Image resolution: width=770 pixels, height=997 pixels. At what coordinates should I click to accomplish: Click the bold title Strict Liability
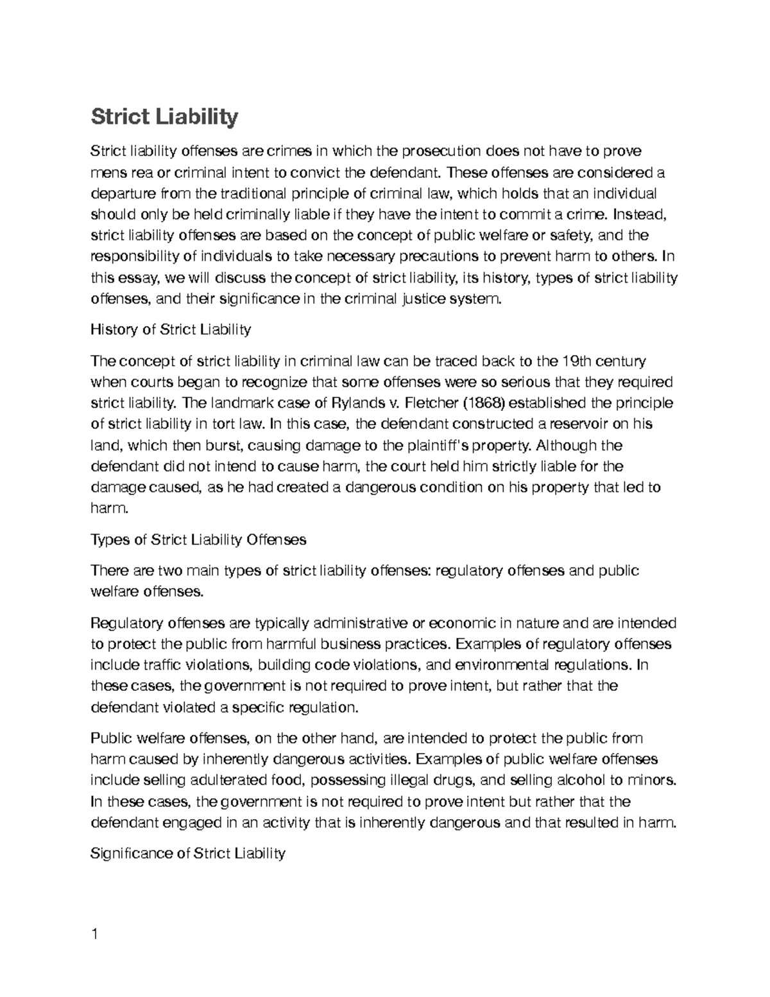(x=164, y=117)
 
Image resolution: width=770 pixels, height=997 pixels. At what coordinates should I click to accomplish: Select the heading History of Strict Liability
(x=171, y=330)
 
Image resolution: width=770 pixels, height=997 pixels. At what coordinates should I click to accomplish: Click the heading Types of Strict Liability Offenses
(x=198, y=539)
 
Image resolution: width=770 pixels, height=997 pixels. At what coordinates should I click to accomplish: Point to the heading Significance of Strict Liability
(x=188, y=853)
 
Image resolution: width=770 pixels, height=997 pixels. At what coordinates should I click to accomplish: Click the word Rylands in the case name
(x=356, y=403)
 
